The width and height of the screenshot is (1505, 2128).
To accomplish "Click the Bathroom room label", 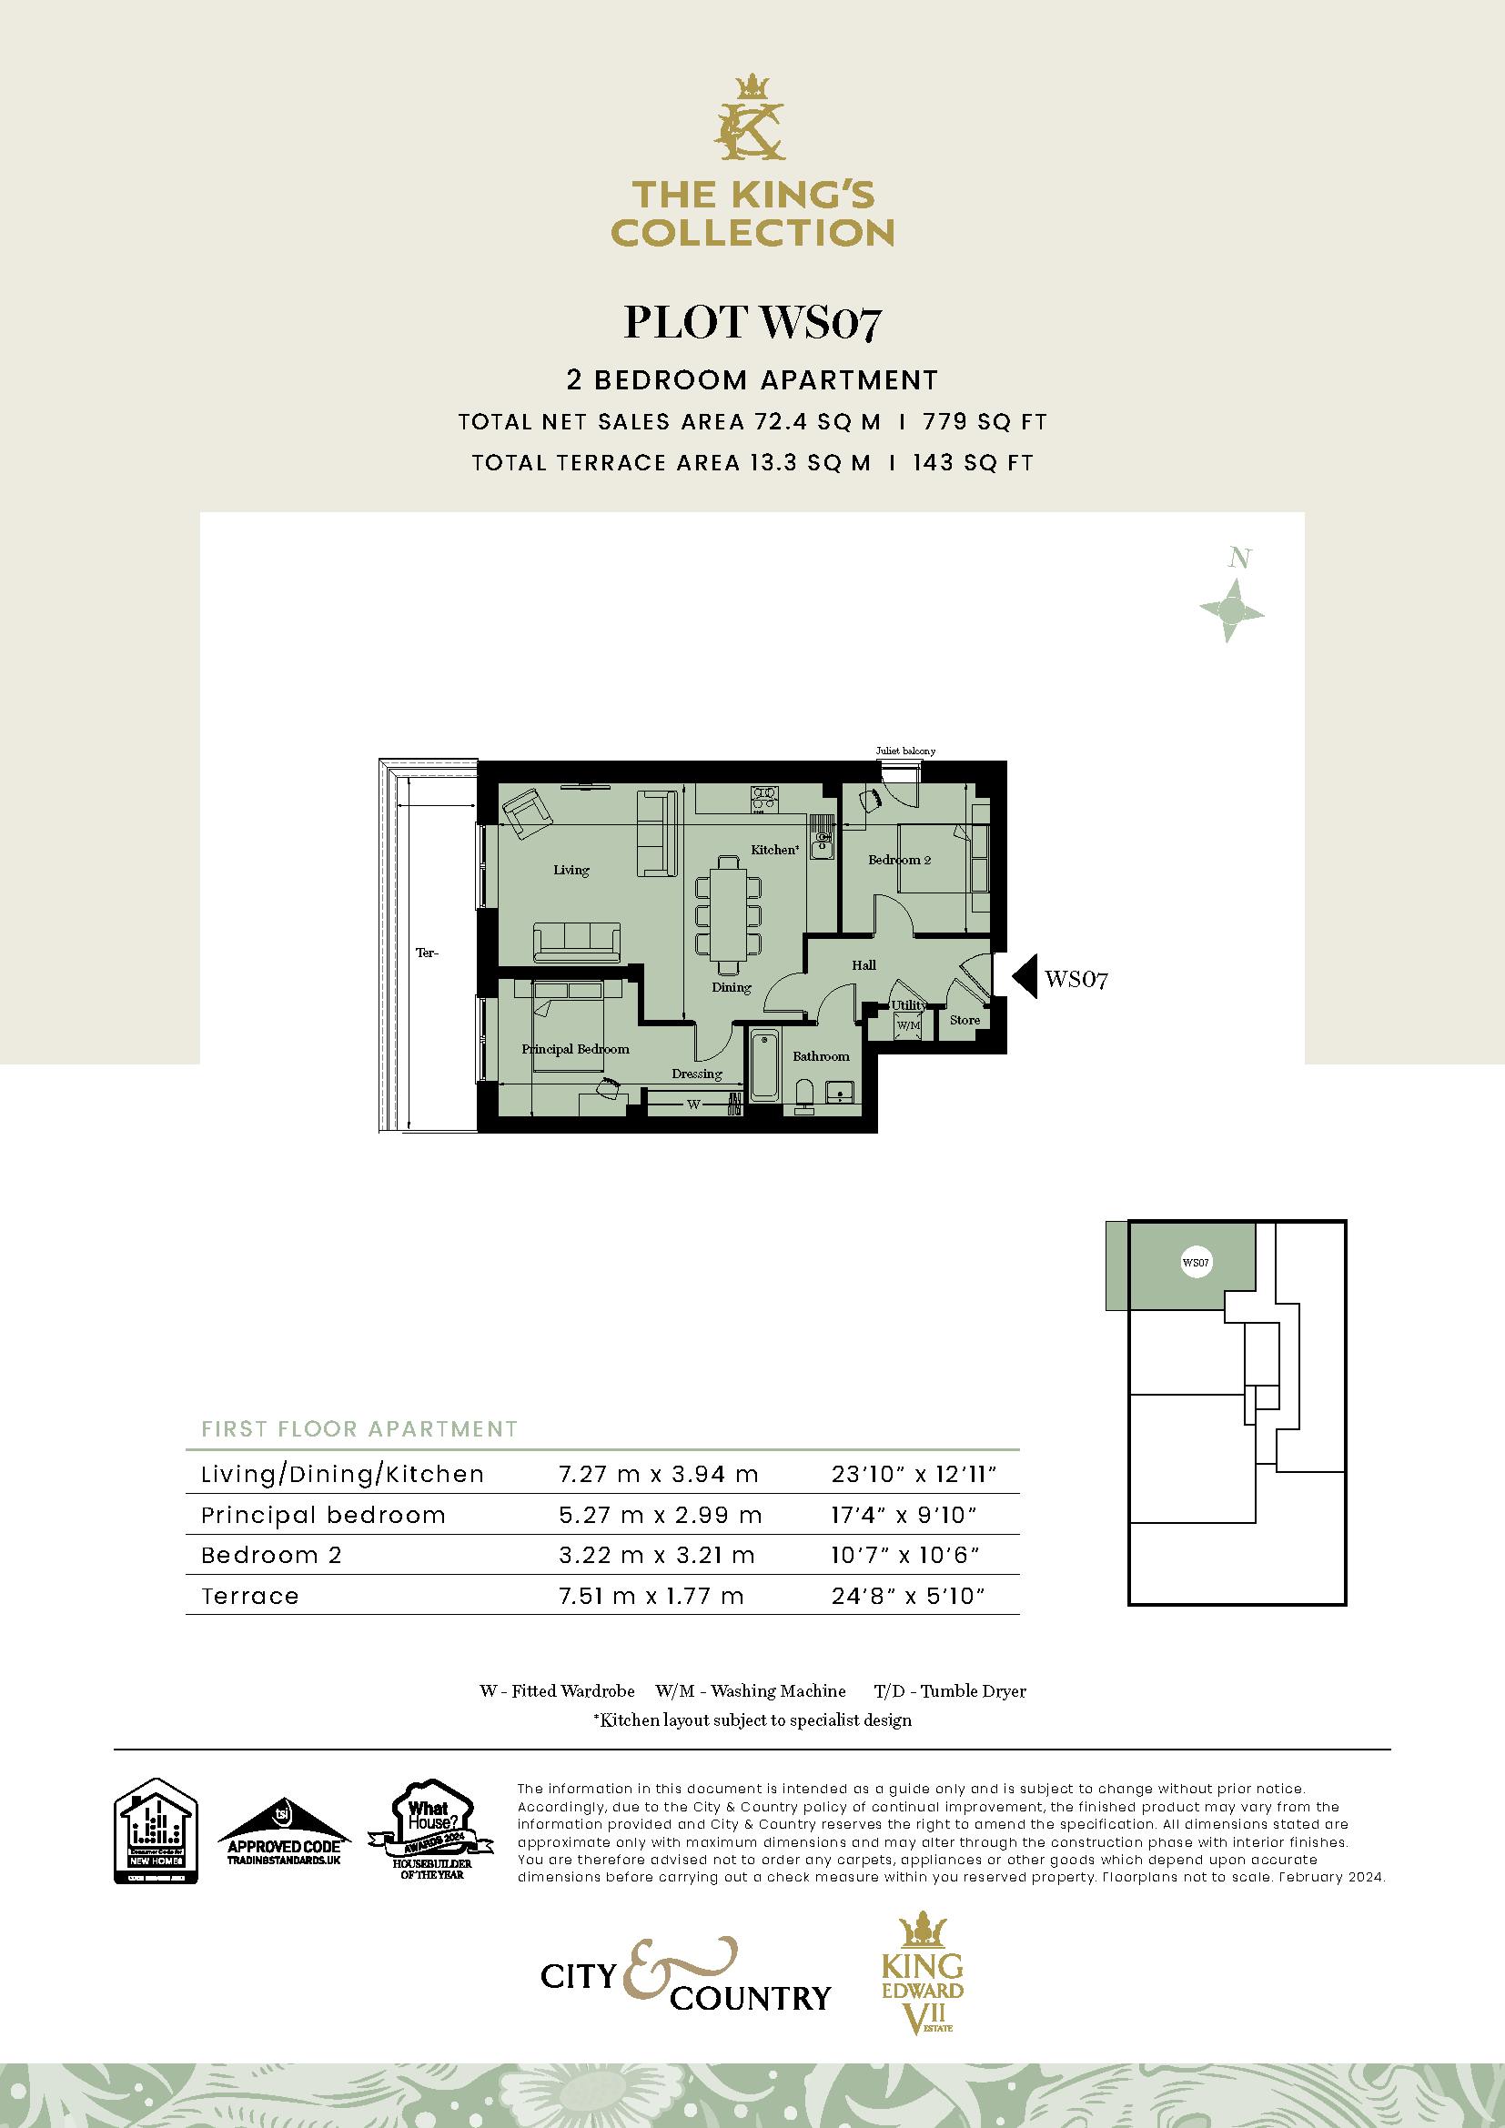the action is click(x=820, y=1055).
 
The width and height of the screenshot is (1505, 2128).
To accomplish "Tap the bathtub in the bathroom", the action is click(x=764, y=1066).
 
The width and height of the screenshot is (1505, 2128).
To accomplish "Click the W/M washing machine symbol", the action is click(x=906, y=1026).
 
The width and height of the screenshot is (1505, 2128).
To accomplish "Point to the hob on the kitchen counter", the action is click(x=764, y=798).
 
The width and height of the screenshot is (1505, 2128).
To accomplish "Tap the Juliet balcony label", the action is click(x=905, y=751).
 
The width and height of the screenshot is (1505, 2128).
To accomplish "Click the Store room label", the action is click(x=965, y=1020).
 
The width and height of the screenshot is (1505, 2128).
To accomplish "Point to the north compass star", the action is click(x=1232, y=610).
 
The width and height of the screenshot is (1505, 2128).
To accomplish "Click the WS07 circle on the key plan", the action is click(x=1196, y=1263).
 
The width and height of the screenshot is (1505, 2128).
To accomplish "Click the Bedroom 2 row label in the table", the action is click(x=271, y=1554).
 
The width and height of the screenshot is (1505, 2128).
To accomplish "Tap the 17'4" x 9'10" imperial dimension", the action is click(x=905, y=1515).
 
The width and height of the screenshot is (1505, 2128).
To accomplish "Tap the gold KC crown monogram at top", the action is click(x=752, y=118).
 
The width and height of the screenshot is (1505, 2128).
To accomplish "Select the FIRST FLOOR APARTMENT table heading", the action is click(x=359, y=1428).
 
